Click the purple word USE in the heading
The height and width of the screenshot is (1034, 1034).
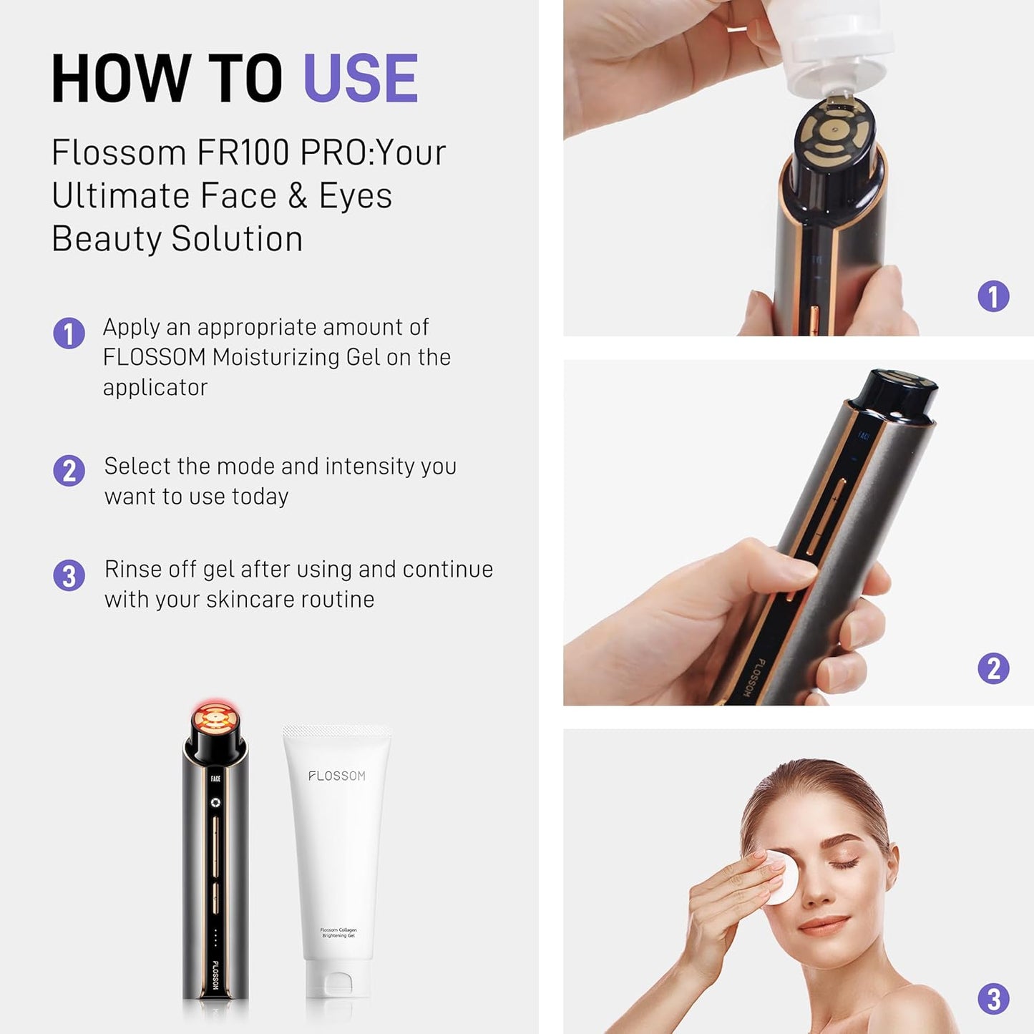tap(361, 79)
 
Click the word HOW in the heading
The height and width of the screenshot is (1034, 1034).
tap(121, 79)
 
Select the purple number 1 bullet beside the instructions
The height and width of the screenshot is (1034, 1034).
tap(69, 333)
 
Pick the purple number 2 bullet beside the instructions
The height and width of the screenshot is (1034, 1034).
tap(69, 471)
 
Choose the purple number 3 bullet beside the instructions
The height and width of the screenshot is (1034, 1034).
tap(69, 575)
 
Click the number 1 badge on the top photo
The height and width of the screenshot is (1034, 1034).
tap(993, 296)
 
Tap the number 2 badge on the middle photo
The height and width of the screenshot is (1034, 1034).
tap(993, 668)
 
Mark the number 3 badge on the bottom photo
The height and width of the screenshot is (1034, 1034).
tap(993, 999)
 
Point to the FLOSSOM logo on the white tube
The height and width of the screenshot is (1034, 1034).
tap(337, 776)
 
